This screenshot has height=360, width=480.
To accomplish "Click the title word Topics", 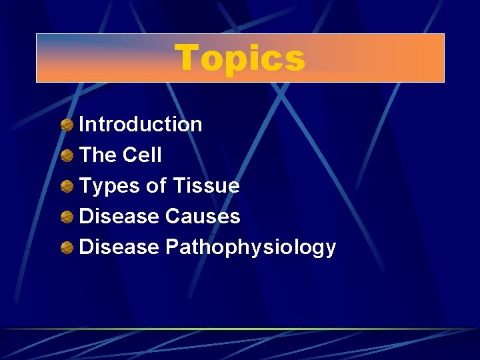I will (x=240, y=58).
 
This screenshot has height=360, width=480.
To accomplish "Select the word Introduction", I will (x=141, y=125).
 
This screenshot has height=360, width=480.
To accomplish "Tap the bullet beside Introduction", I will (x=67, y=125).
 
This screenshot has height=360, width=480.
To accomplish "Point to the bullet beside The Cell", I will (x=67, y=155).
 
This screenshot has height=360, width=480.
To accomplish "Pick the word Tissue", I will (x=206, y=186).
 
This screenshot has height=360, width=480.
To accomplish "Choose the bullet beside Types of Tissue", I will (x=67, y=186).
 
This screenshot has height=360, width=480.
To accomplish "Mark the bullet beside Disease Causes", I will (x=67, y=217).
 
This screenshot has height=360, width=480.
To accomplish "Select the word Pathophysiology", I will (x=251, y=248).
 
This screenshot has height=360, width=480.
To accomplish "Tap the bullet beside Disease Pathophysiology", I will (x=67, y=248).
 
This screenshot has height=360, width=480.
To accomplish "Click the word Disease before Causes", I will (x=119, y=217).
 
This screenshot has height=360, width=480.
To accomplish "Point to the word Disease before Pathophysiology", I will (x=119, y=247).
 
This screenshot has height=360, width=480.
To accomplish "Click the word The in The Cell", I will (x=97, y=155).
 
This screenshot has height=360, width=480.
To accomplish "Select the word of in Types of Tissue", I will (x=156, y=186).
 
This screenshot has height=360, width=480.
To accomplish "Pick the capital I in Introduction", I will (x=82, y=125).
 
